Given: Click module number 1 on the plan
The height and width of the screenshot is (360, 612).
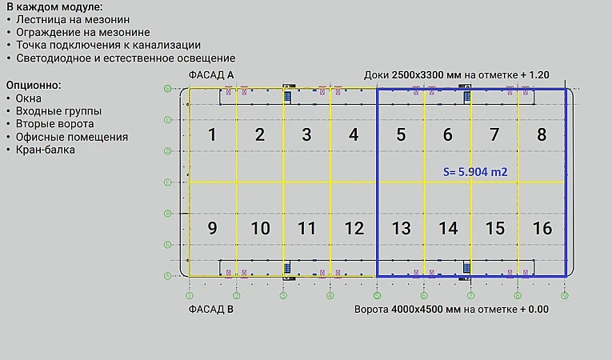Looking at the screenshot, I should coord(212,134).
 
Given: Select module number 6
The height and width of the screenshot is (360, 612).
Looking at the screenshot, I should coord(448,134).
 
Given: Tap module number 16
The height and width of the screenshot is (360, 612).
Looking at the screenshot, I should coord(542,229).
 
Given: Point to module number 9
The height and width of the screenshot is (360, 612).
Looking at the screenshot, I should coord(212,229).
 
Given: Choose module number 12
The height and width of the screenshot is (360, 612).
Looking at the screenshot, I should coord(354,229).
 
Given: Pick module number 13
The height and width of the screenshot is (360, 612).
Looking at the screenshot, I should coord(401,229).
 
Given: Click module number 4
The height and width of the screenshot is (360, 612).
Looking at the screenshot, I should coord(354,134).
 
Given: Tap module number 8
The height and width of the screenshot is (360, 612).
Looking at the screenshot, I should coord(542,134).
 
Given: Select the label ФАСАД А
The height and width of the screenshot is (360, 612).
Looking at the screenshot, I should coord(211,74).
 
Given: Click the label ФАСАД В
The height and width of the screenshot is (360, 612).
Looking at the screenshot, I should coord(211,309).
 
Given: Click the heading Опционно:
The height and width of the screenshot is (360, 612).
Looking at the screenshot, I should coord(34,84).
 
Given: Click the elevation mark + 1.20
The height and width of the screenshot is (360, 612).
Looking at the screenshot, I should coord(534,74).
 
